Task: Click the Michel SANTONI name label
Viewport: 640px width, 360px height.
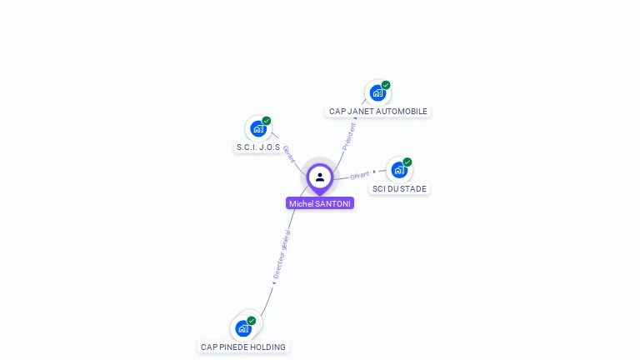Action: pyautogui.click(x=320, y=203)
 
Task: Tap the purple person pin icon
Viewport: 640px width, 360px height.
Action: pyautogui.click(x=320, y=177)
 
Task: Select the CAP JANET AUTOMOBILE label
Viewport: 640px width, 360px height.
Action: pyautogui.click(x=377, y=111)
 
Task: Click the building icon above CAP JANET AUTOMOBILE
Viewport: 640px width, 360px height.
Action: pyautogui.click(x=377, y=92)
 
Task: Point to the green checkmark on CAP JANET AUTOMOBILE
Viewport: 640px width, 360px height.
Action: pyautogui.click(x=386, y=85)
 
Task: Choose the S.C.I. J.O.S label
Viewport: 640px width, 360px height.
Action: pyautogui.click(x=257, y=147)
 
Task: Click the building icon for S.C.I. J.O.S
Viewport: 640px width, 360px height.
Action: pyautogui.click(x=257, y=129)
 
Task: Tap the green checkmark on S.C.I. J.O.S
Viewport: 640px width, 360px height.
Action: pyautogui.click(x=267, y=121)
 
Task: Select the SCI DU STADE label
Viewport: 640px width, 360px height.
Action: pyautogui.click(x=399, y=188)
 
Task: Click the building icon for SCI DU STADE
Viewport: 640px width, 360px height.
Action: pyautogui.click(x=399, y=170)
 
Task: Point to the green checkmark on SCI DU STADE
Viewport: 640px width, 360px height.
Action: pyautogui.click(x=407, y=162)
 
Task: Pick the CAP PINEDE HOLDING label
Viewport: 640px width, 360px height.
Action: pyautogui.click(x=243, y=347)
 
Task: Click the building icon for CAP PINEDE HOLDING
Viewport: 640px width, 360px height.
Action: pyautogui.click(x=242, y=327)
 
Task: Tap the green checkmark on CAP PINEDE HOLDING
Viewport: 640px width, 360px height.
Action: pyautogui.click(x=251, y=320)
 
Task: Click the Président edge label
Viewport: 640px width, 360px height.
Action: pyautogui.click(x=349, y=136)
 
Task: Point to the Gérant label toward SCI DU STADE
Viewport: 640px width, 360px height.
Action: pyautogui.click(x=360, y=175)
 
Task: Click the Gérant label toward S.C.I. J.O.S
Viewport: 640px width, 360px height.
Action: pyautogui.click(x=288, y=154)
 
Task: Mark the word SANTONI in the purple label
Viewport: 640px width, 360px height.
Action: pyautogui.click(x=333, y=203)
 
